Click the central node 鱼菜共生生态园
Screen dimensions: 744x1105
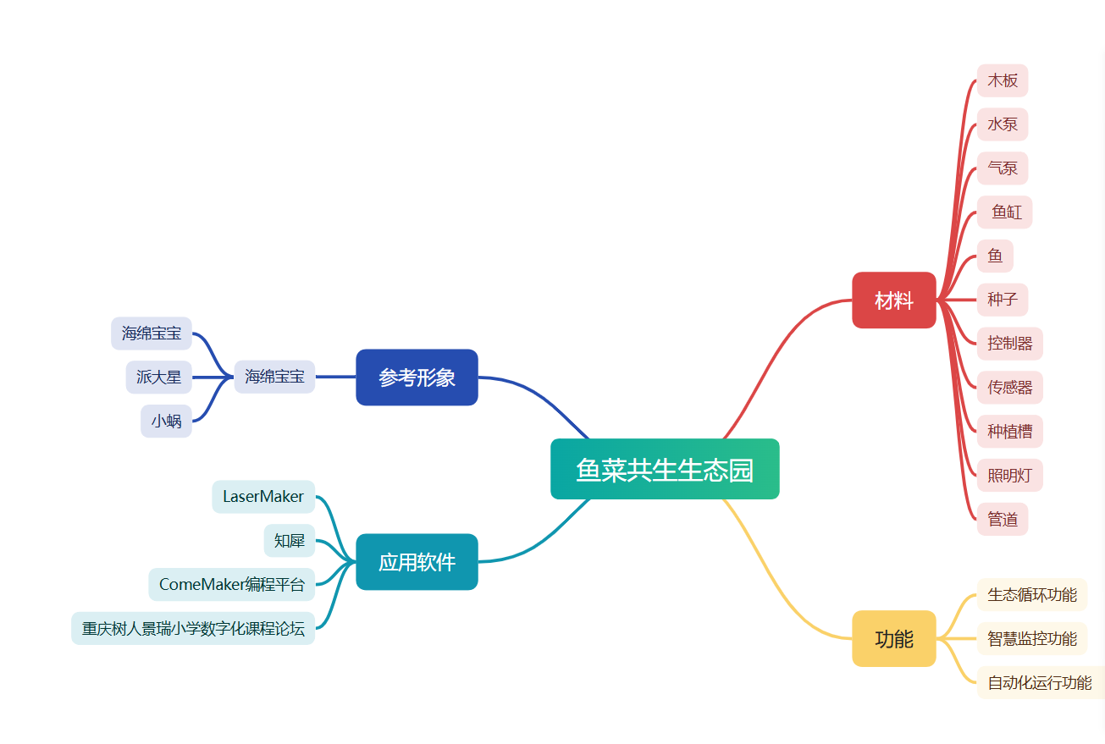click(665, 469)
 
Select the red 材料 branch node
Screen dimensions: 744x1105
click(893, 300)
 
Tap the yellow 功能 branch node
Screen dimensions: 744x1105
click(893, 638)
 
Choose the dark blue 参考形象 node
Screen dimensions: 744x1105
click(417, 378)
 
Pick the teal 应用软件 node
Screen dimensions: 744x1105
click(417, 562)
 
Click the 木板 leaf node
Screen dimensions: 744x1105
click(1003, 80)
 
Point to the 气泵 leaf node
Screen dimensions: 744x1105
click(1003, 168)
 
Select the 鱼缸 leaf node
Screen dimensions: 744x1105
click(1006, 212)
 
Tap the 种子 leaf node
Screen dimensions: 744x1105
click(1003, 300)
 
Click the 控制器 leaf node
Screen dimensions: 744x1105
click(1009, 344)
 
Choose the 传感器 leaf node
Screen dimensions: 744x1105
click(1009, 388)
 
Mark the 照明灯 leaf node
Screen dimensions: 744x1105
click(1009, 476)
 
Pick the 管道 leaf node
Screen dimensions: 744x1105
click(1003, 519)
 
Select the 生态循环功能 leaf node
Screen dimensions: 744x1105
click(1031, 594)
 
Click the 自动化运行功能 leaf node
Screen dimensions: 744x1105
click(1040, 682)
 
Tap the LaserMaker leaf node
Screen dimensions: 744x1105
click(263, 497)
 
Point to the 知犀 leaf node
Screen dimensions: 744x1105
click(290, 540)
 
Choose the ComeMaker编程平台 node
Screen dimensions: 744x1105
click(231, 584)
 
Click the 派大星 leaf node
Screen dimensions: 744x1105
click(159, 377)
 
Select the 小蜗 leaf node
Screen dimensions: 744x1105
click(166, 421)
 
